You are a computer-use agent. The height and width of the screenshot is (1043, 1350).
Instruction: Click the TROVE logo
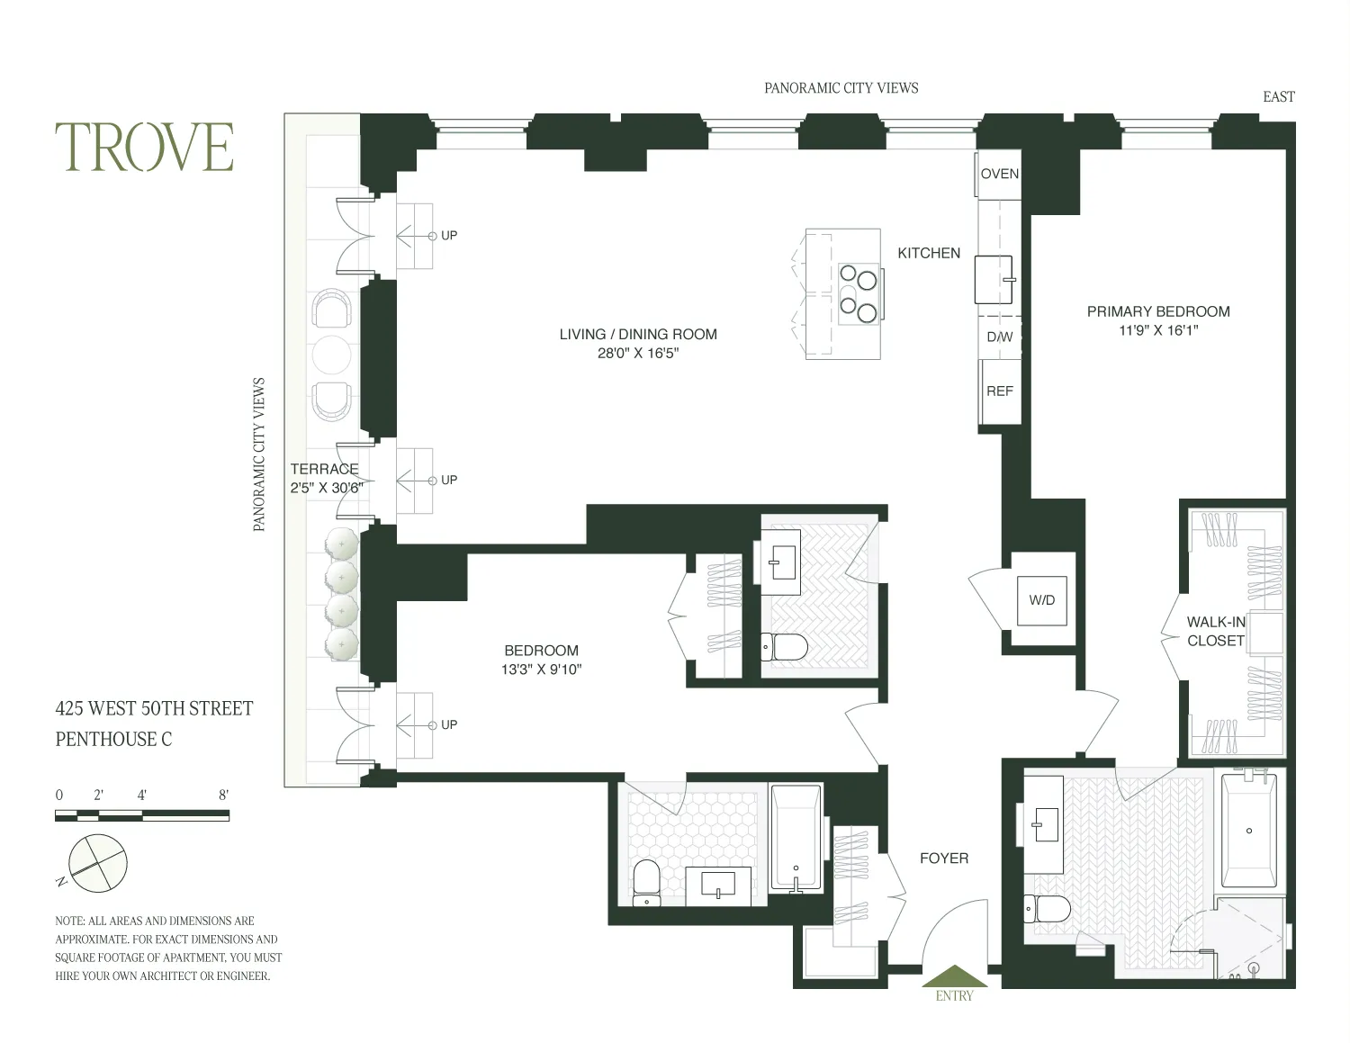(144, 148)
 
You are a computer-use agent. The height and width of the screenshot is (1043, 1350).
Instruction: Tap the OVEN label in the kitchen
(999, 174)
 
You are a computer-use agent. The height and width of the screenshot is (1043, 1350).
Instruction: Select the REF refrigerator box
(999, 391)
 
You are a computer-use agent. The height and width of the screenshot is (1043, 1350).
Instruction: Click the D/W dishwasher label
(999, 337)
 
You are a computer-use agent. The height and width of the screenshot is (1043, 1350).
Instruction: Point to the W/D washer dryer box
(1042, 600)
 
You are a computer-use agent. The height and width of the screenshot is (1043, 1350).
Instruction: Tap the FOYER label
(944, 859)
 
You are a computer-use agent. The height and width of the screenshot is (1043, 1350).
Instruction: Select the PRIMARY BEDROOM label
(1158, 311)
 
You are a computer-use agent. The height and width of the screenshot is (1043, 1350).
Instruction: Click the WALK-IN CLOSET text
(1216, 631)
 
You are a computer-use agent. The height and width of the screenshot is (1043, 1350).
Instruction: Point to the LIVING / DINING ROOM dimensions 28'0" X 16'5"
(638, 354)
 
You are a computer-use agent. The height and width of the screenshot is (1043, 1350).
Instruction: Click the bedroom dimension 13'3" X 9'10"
(541, 670)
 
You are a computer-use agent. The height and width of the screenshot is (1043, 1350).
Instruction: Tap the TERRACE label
(324, 469)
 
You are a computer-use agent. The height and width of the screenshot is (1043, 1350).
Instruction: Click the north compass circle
(98, 863)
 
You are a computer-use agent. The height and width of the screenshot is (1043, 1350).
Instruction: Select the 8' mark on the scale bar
(223, 795)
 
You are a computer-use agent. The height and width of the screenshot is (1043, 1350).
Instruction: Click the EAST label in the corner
(1278, 97)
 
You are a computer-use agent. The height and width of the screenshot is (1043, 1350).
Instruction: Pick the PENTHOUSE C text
(113, 739)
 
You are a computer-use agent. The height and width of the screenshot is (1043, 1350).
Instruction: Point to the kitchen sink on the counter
(994, 279)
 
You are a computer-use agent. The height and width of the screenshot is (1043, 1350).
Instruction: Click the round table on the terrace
(331, 355)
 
